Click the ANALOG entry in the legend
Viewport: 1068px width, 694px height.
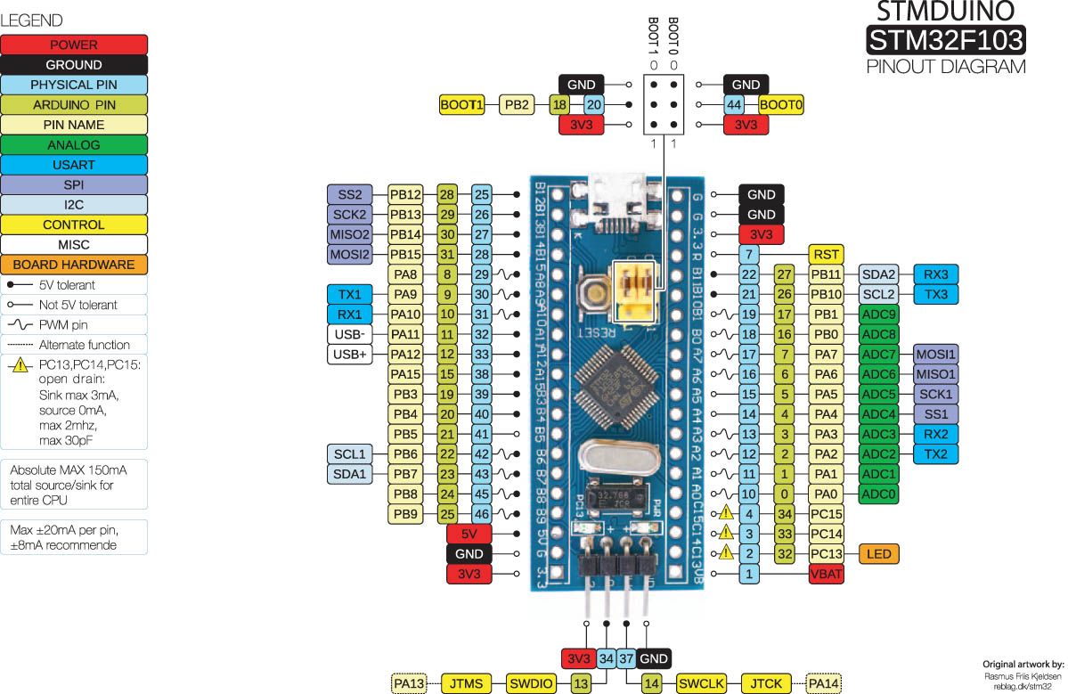(x=74, y=144)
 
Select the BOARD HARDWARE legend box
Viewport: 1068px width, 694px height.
(x=74, y=265)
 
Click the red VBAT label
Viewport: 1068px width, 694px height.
(x=827, y=575)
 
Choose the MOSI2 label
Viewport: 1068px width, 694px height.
(x=349, y=255)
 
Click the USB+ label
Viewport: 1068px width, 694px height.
(x=349, y=355)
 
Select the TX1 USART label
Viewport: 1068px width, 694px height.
(x=349, y=294)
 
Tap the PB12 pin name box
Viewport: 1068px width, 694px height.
(x=405, y=194)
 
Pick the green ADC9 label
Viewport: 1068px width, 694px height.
(x=878, y=314)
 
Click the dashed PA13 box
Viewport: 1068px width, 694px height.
(x=411, y=683)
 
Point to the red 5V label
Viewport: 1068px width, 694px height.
(x=469, y=535)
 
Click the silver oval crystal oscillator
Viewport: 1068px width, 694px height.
(x=612, y=460)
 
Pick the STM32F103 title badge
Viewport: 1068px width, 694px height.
(x=945, y=40)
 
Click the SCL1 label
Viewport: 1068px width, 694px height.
(x=349, y=454)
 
